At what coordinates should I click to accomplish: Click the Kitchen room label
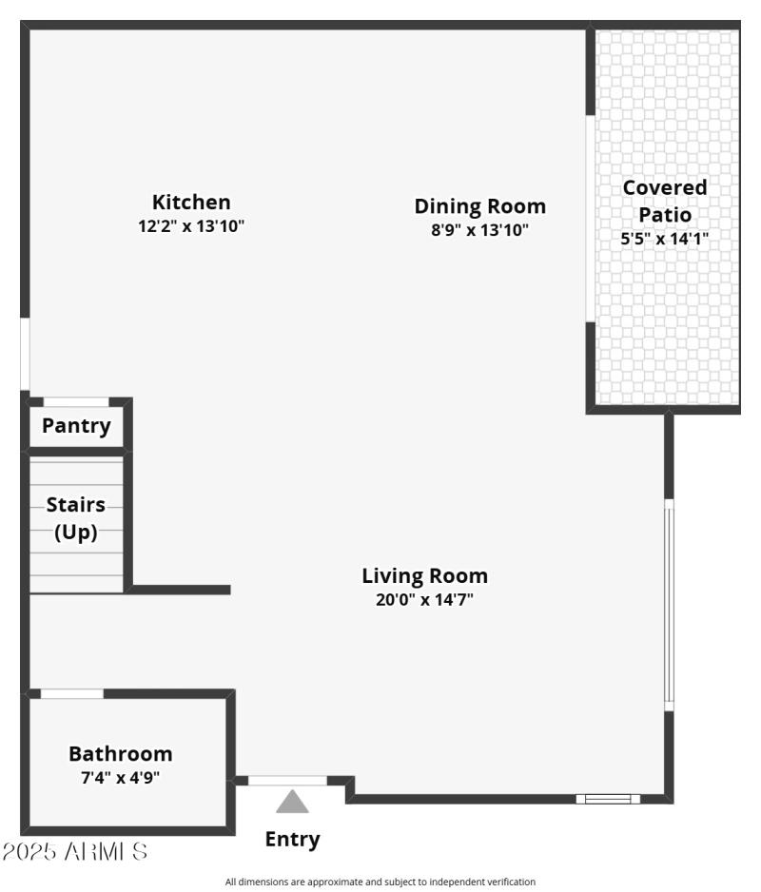(x=191, y=202)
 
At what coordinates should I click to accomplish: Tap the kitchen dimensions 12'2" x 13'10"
(x=191, y=226)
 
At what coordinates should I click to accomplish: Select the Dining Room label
(x=479, y=205)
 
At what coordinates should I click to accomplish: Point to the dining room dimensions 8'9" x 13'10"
(x=479, y=229)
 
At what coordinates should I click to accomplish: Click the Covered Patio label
(x=665, y=201)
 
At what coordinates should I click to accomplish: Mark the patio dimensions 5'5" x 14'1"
(x=665, y=240)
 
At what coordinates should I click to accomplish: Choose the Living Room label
(x=424, y=575)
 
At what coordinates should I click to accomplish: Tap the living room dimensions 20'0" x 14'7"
(x=424, y=599)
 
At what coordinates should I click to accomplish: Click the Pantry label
(x=76, y=426)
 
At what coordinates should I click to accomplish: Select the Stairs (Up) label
(x=76, y=518)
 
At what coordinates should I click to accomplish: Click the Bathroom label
(x=121, y=754)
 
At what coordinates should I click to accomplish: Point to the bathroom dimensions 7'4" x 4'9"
(x=121, y=777)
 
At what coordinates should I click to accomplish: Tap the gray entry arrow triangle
(x=292, y=804)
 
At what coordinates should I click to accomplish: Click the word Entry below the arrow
(x=292, y=840)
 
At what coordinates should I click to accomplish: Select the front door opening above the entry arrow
(x=287, y=781)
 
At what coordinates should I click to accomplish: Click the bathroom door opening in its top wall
(x=71, y=693)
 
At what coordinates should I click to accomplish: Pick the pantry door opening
(x=76, y=402)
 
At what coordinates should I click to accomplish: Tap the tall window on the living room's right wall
(x=668, y=605)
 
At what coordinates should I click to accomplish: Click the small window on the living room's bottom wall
(x=608, y=799)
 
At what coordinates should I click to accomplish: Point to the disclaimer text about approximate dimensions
(x=380, y=882)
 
